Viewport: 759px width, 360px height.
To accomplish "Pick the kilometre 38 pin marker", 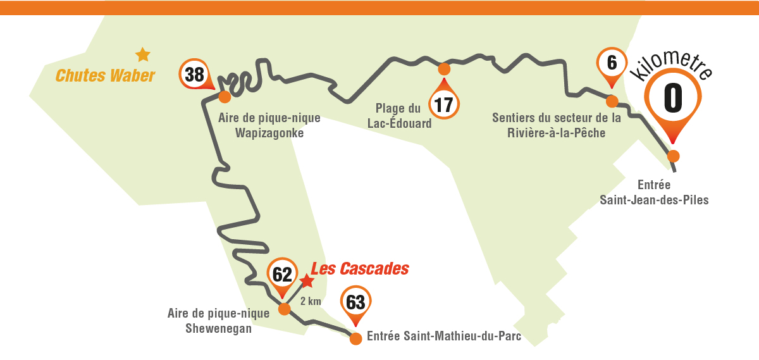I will pyautogui.click(x=195, y=75).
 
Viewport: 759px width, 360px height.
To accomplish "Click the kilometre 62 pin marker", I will pyautogui.click(x=282, y=275).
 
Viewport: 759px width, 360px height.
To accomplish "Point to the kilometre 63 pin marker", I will pyautogui.click(x=356, y=302).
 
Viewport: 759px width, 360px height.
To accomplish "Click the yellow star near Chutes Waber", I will pyautogui.click(x=143, y=55).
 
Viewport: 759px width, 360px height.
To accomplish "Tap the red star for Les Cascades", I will pyautogui.click(x=306, y=280).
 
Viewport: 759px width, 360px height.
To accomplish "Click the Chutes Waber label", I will pyautogui.click(x=105, y=76).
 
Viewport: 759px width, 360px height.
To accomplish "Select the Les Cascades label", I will pyautogui.click(x=360, y=268).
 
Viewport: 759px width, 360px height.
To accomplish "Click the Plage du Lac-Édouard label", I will pyautogui.click(x=399, y=116).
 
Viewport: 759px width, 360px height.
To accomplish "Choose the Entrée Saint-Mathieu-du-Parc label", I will pyautogui.click(x=443, y=336).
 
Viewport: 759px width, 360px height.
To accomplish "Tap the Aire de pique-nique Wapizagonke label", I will pyautogui.click(x=269, y=125).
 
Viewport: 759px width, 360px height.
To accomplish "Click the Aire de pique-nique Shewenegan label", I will pyautogui.click(x=219, y=320).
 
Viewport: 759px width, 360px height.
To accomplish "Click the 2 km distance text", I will pyautogui.click(x=311, y=301).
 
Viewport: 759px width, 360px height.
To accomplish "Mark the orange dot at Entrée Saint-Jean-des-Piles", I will pyautogui.click(x=674, y=156).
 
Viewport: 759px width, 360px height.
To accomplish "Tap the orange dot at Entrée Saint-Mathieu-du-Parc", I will pyautogui.click(x=355, y=338).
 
